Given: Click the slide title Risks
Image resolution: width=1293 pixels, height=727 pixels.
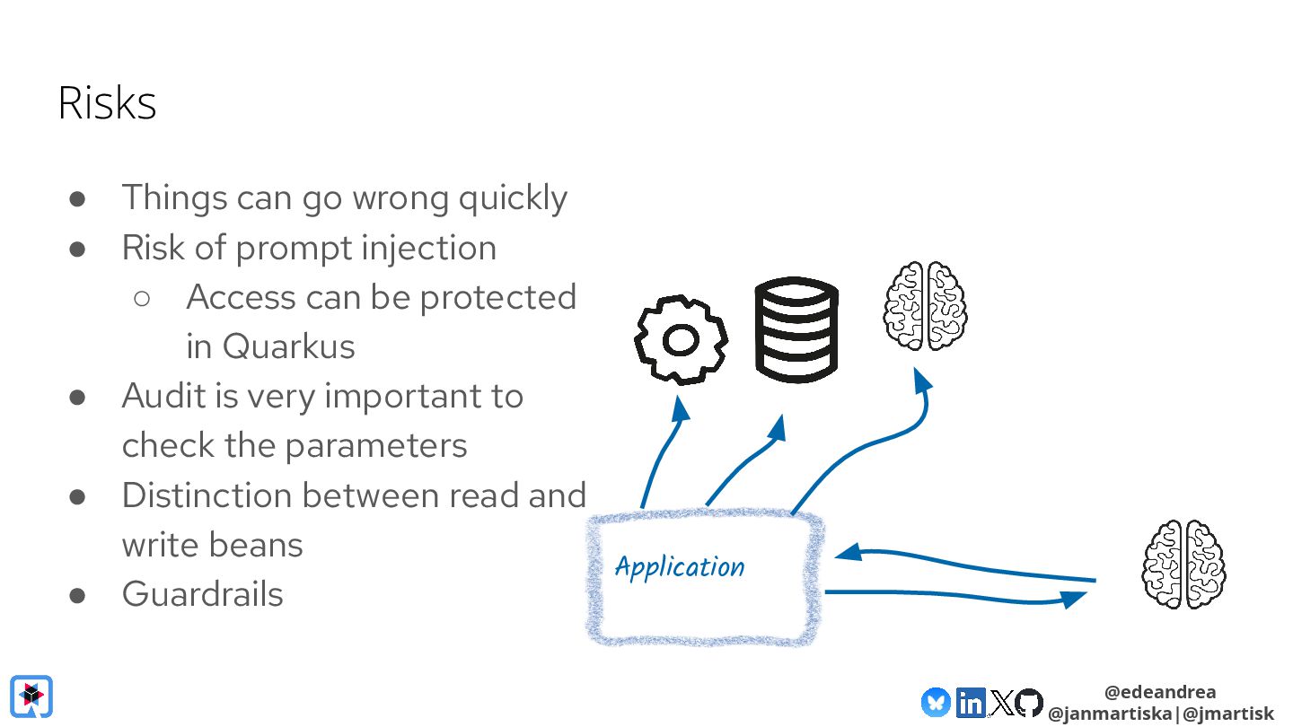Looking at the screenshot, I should [x=107, y=103].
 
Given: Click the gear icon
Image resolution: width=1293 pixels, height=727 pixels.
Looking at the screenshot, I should [x=681, y=341].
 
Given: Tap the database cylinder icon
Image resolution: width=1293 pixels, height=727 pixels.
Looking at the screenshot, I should [x=796, y=329].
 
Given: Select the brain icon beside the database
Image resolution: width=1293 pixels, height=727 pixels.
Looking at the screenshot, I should [x=926, y=305].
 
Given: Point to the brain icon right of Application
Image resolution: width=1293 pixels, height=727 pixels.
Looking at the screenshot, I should [x=1183, y=564].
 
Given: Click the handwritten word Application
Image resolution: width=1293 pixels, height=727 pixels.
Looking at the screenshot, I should [x=680, y=567].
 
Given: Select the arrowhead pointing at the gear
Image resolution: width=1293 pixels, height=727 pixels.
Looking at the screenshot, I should [x=681, y=409].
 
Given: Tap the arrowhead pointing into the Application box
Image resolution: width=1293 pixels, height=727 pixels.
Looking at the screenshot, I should [x=849, y=553].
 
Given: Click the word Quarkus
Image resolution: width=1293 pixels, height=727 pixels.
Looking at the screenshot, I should [x=288, y=346].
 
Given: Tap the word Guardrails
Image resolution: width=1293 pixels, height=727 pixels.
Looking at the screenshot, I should [x=203, y=594].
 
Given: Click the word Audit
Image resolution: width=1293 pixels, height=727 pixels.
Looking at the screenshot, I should [x=158, y=396].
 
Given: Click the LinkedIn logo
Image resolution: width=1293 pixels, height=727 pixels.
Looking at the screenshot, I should [x=970, y=702].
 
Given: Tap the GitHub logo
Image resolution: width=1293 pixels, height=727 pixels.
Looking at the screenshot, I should [x=1030, y=702].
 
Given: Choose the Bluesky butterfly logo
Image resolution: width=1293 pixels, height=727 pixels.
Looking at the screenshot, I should [x=936, y=702].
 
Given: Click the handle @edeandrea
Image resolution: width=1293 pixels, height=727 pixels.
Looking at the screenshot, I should [x=1160, y=692].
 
